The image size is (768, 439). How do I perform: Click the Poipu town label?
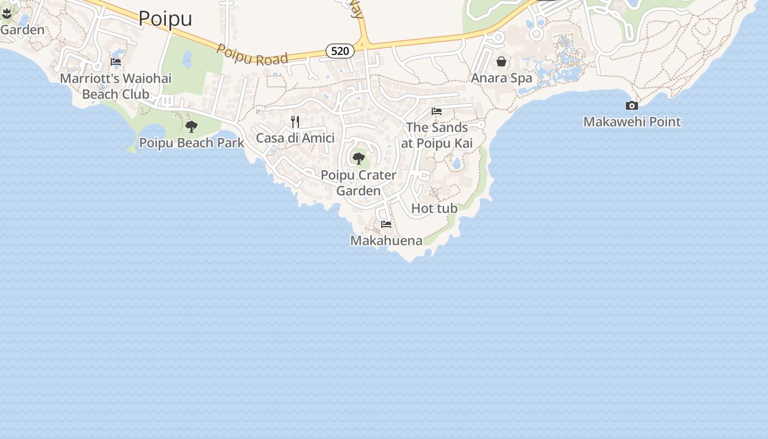pyautogui.click(x=165, y=19)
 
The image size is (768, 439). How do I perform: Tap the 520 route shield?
pyautogui.click(x=340, y=51)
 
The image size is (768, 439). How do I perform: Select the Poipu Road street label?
pyautogui.click(x=252, y=54)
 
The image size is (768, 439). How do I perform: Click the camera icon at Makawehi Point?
pyautogui.click(x=632, y=106)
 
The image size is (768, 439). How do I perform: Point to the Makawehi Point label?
pyautogui.click(x=632, y=122)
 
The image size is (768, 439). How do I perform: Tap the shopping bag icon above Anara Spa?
pyautogui.click(x=501, y=61)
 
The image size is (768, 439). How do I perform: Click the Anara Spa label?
pyautogui.click(x=501, y=78)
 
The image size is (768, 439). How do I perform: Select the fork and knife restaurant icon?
pyautogui.click(x=295, y=121)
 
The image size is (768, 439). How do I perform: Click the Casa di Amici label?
pyautogui.click(x=295, y=138)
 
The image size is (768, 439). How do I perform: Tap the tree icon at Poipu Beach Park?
pyautogui.click(x=191, y=127)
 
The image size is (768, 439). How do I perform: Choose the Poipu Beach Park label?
pyautogui.click(x=191, y=143)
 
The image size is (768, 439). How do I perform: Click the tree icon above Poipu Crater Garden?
pyautogui.click(x=359, y=159)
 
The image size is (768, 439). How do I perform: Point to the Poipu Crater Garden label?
pyautogui.click(x=359, y=183)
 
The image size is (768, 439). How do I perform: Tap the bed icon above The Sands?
pyautogui.click(x=437, y=111)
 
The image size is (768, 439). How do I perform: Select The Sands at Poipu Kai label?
pyautogui.click(x=437, y=135)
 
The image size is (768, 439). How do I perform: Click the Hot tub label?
pyautogui.click(x=434, y=209)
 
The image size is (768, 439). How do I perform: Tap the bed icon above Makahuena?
pyautogui.click(x=386, y=224)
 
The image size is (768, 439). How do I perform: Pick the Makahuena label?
pyautogui.click(x=386, y=240)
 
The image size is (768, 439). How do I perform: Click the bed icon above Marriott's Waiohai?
pyautogui.click(x=116, y=62)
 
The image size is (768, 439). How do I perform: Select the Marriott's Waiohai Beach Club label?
pyautogui.click(x=116, y=86)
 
